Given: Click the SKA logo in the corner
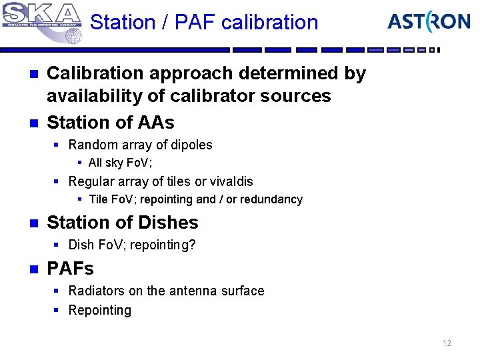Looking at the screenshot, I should [x=41, y=21].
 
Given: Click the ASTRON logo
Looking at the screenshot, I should [x=429, y=22].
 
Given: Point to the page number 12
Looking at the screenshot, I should [x=447, y=343].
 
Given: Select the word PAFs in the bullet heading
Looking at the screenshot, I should [x=70, y=269].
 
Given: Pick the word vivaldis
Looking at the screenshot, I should [x=229, y=181].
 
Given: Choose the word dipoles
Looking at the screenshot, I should [x=189, y=145].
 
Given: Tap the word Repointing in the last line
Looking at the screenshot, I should [x=100, y=310].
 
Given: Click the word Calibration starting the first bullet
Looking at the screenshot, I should [x=91, y=73].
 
